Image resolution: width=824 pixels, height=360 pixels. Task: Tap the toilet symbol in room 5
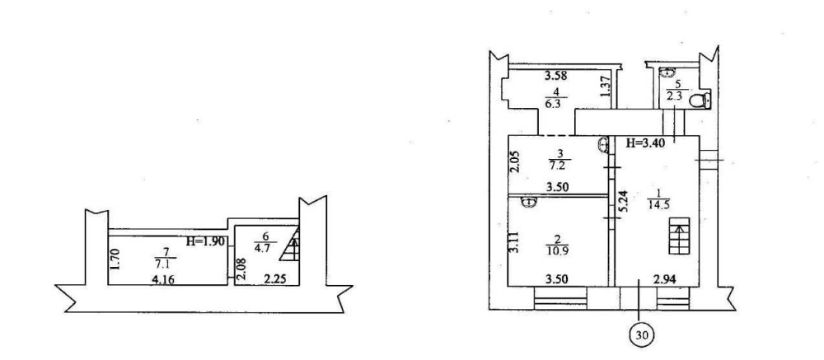click(x=700, y=100)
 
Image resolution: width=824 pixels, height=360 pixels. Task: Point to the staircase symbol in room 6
click(x=289, y=245)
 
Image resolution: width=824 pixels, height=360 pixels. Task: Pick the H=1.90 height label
click(x=207, y=241)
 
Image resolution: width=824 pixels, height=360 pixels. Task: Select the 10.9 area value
click(x=555, y=250)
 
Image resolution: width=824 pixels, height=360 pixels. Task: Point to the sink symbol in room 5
click(x=667, y=72)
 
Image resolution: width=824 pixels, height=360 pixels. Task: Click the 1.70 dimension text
click(x=117, y=259)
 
